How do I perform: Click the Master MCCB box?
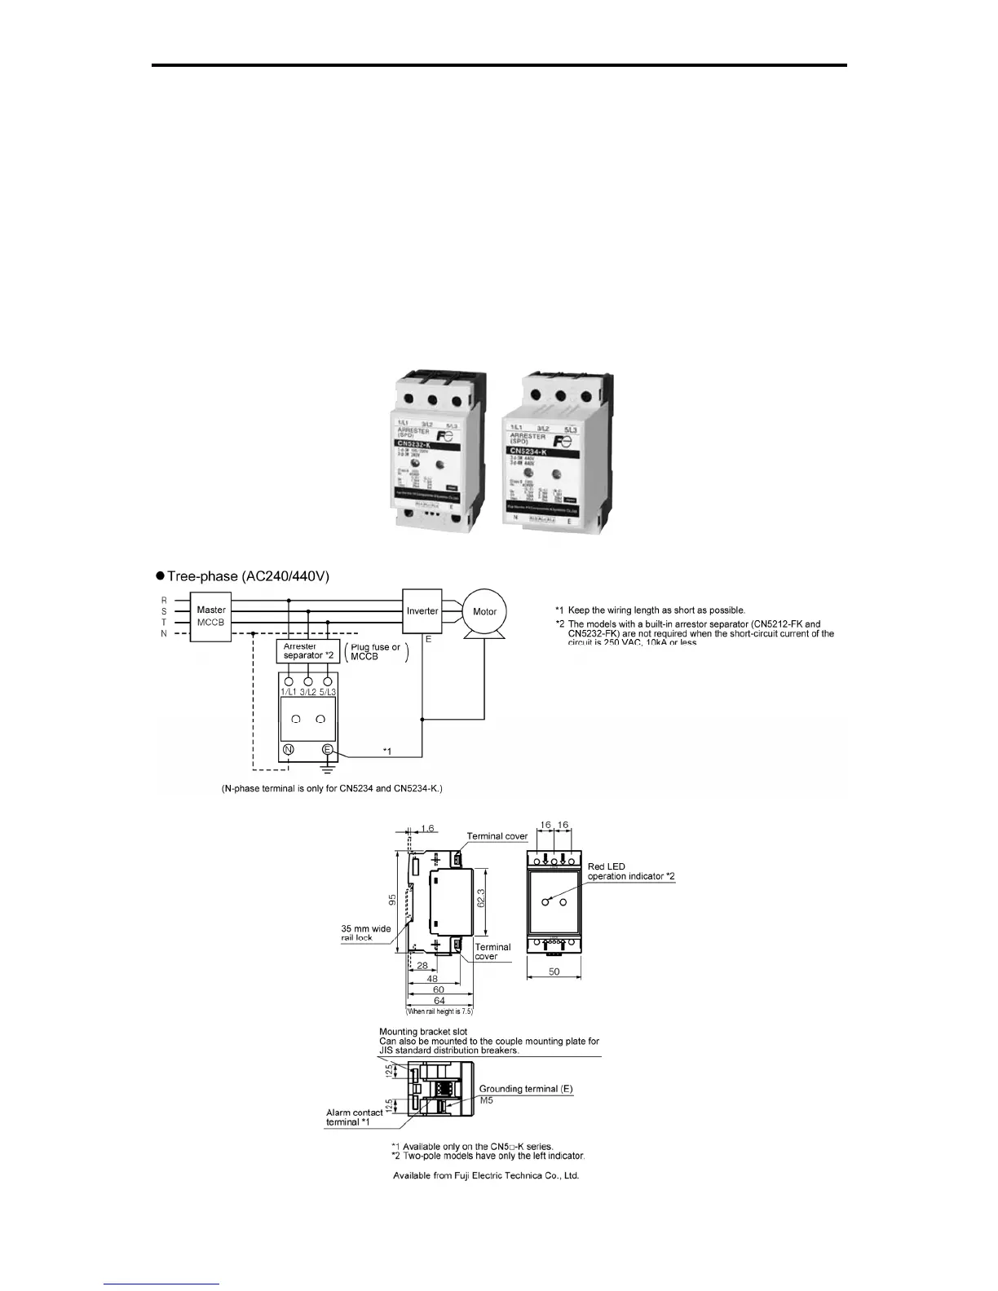(x=211, y=616)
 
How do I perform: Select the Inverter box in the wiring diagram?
(x=422, y=610)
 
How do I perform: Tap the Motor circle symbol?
(x=484, y=611)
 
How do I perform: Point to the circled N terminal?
(x=289, y=750)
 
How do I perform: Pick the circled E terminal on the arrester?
(x=328, y=750)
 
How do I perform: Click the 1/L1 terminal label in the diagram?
(x=289, y=692)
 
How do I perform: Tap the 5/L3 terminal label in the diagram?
(x=328, y=692)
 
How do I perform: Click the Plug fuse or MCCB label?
(x=375, y=652)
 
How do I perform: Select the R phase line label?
(x=164, y=601)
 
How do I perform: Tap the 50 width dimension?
(x=554, y=972)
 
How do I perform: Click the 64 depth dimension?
(x=439, y=1001)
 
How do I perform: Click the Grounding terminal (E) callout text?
(x=531, y=1088)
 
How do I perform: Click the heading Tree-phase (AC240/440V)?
(x=248, y=576)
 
